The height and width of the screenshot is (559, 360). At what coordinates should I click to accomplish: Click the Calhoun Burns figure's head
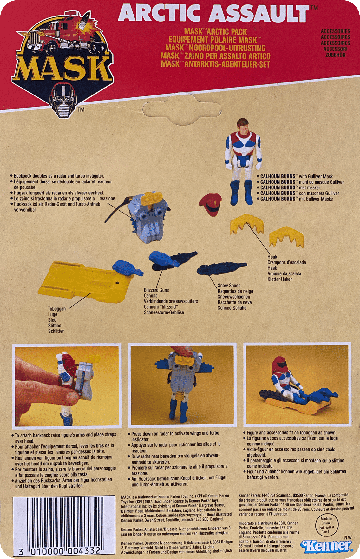click(x=243, y=126)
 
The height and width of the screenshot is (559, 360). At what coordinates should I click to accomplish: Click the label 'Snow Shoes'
click(x=229, y=286)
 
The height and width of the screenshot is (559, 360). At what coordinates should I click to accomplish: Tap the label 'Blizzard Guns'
click(x=156, y=290)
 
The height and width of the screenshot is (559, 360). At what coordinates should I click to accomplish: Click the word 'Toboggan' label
click(x=57, y=309)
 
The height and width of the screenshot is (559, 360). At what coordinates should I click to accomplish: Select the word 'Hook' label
click(x=272, y=257)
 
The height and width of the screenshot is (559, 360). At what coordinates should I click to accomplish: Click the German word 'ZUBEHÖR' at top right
click(x=335, y=55)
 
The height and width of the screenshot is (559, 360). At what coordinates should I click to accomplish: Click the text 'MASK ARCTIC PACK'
click(x=215, y=32)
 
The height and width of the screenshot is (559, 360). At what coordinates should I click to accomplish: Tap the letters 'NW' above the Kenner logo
click(x=348, y=537)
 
